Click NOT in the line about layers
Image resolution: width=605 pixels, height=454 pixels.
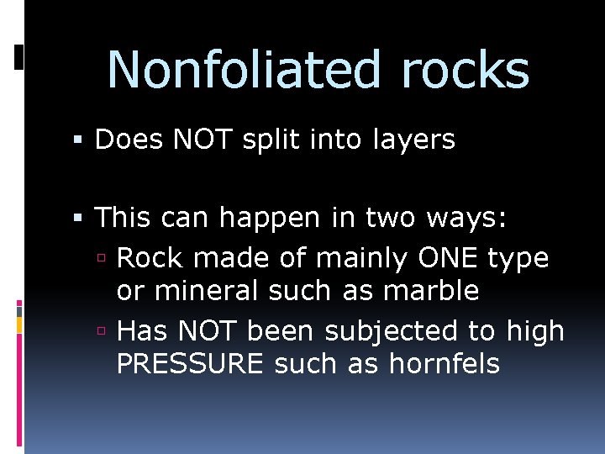pyautogui.click(x=203, y=140)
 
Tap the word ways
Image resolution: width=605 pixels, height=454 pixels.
pyautogui.click(x=467, y=219)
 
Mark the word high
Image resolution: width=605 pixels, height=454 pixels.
pyautogui.click(x=535, y=332)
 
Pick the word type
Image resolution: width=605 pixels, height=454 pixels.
pyautogui.click(x=519, y=259)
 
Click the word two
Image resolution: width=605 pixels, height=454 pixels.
pyautogui.click(x=392, y=219)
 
